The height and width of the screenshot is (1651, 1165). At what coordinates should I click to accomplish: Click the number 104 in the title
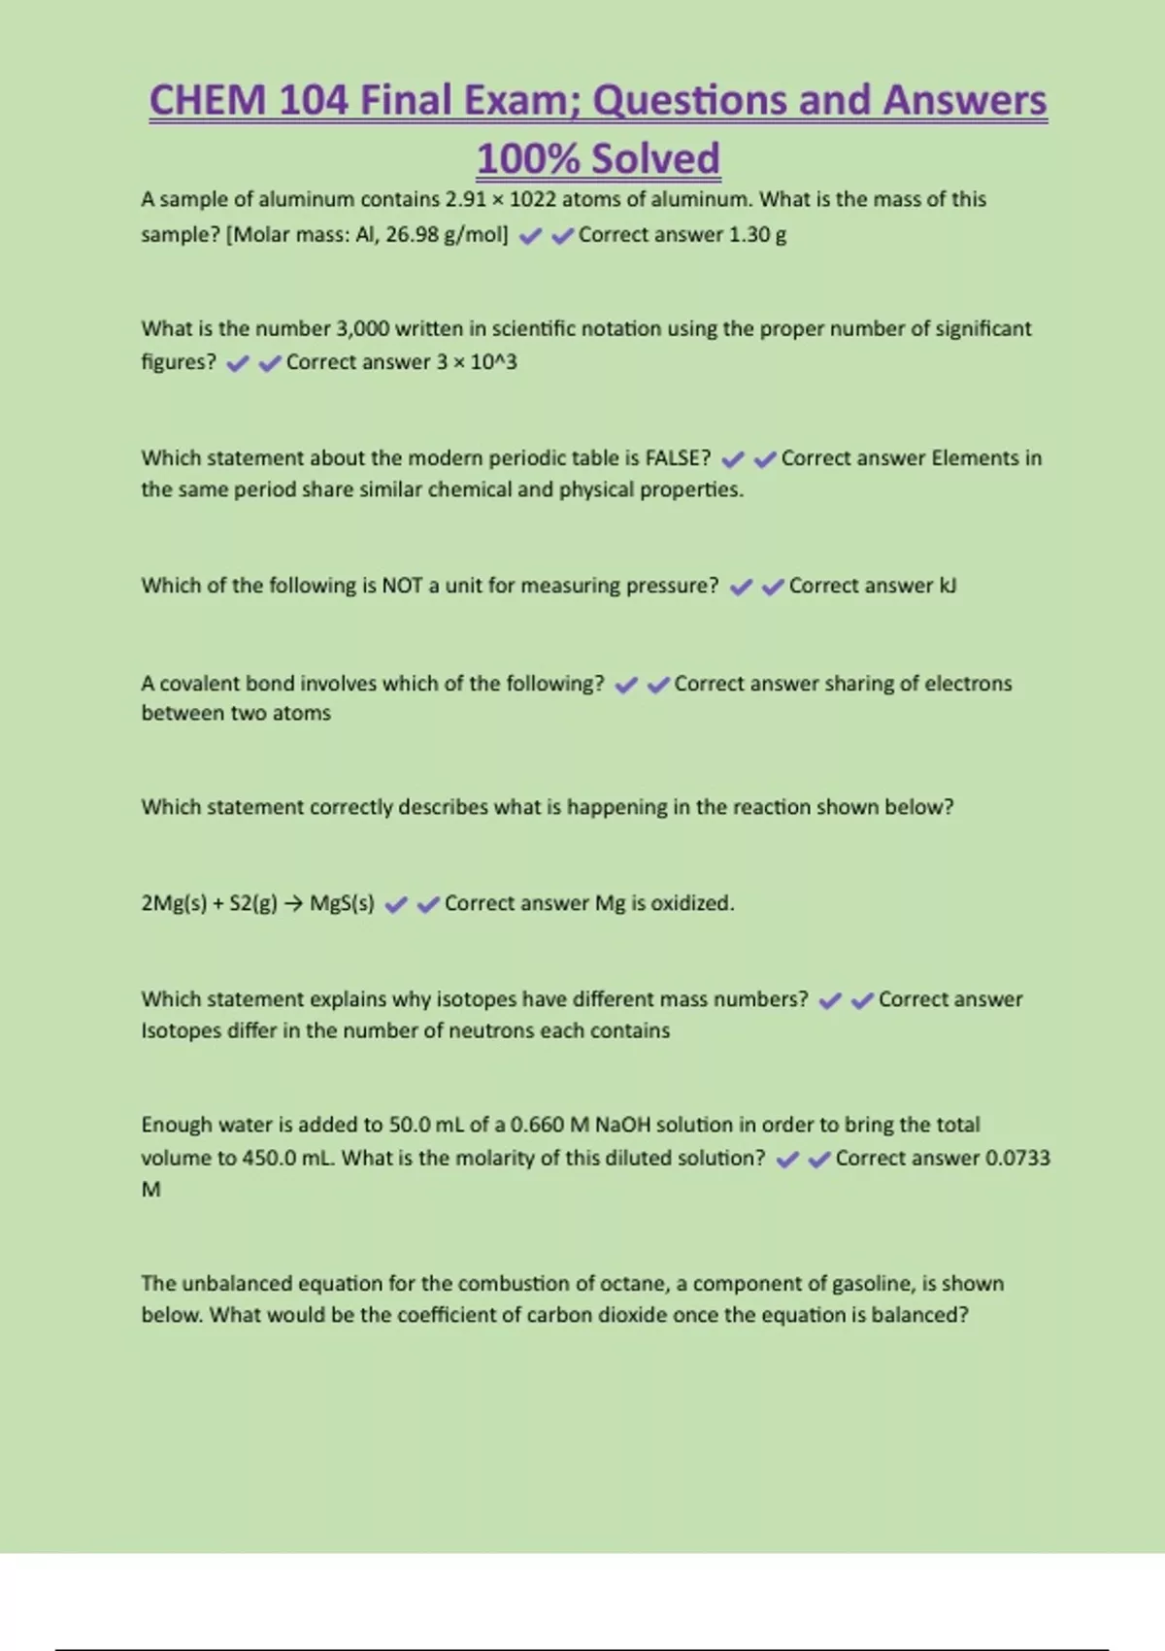click(x=313, y=101)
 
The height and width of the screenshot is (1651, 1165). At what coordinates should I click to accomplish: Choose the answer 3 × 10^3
click(x=477, y=362)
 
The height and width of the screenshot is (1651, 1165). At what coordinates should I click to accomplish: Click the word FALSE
click(x=678, y=457)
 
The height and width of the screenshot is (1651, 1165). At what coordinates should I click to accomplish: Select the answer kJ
click(x=948, y=586)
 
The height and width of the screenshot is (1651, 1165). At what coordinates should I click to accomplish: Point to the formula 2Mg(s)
click(x=173, y=903)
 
